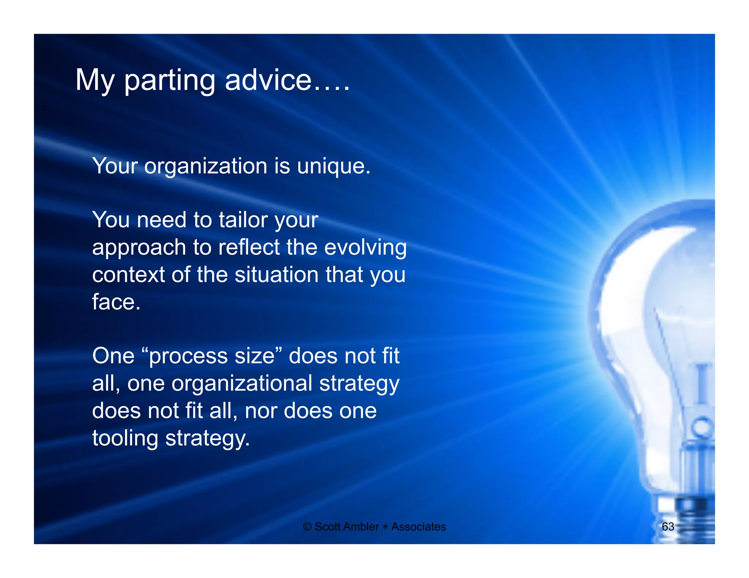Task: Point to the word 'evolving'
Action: pos(365,248)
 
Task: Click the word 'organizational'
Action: pos(242,384)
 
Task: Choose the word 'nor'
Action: pos(260,411)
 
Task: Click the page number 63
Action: pos(668,526)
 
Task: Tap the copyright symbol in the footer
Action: pos(307,527)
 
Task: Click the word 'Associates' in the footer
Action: pos(419,527)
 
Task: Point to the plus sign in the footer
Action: pos(385,527)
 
